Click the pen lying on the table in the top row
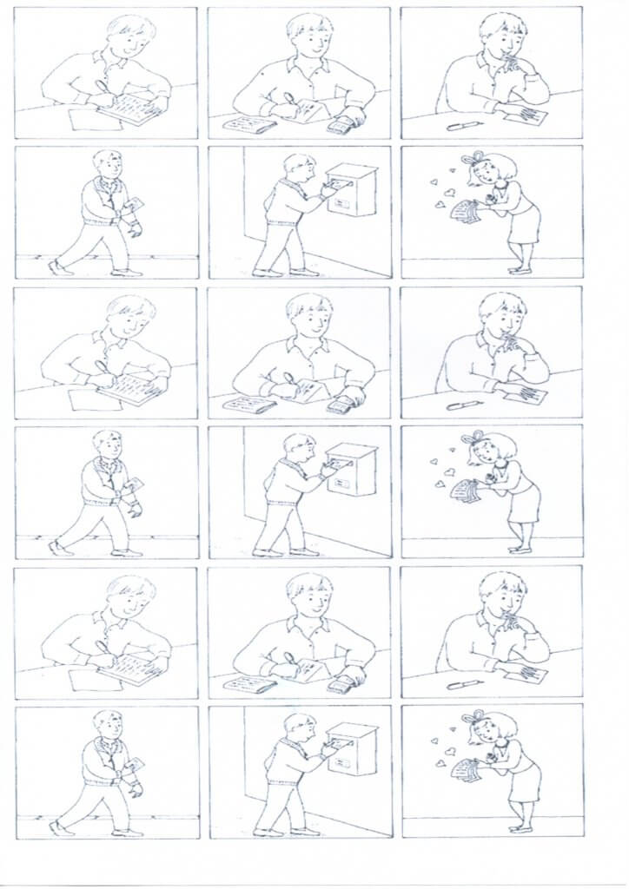463,126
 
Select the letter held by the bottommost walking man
133,765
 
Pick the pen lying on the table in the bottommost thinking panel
463,685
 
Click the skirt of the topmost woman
524,227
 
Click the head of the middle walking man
107,444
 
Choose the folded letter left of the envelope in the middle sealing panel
249,405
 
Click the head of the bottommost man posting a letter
298,727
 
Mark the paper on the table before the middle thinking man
526,395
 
